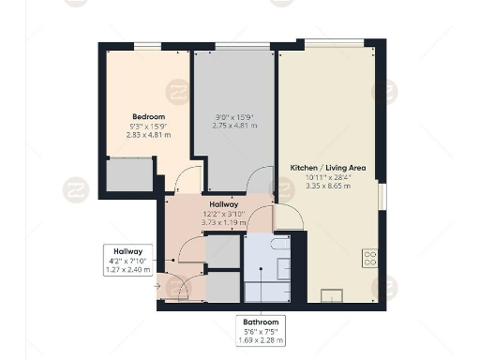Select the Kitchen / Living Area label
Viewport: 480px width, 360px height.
pyautogui.click(x=327, y=167)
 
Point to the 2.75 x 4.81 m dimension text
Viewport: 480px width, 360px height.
pyautogui.click(x=234, y=126)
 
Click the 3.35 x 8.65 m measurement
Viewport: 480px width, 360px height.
pyautogui.click(x=327, y=186)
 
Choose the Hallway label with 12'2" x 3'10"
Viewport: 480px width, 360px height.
pyautogui.click(x=223, y=204)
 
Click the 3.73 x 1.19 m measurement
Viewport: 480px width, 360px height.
pyautogui.click(x=223, y=222)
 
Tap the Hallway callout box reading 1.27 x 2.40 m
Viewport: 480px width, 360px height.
pyautogui.click(x=127, y=260)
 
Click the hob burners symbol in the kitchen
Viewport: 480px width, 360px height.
pyautogui.click(x=369, y=257)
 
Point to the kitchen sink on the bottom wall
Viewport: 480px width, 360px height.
pyautogui.click(x=333, y=296)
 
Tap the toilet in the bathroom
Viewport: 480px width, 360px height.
pyautogui.click(x=278, y=245)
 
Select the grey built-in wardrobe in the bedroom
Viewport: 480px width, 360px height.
pyautogui.click(x=129, y=175)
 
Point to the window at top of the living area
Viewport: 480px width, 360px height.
pyautogui.click(x=332, y=42)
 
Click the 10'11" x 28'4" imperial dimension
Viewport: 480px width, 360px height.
pyautogui.click(x=327, y=176)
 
